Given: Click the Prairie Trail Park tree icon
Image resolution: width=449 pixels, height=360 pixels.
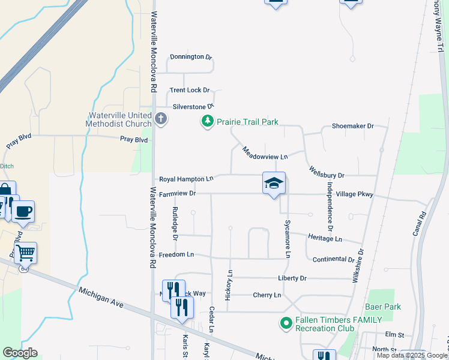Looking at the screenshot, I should (207, 122).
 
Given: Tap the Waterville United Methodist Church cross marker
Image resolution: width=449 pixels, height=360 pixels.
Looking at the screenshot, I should (160, 118).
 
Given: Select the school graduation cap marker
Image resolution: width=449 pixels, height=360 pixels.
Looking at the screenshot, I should (274, 183).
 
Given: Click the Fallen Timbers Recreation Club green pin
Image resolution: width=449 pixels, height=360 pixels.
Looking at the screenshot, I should (286, 324).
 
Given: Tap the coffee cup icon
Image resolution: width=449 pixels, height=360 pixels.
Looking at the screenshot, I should (23, 212).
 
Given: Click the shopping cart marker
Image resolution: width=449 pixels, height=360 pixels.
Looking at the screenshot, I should (26, 253).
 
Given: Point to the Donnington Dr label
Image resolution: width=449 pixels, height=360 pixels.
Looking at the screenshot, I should (191, 57).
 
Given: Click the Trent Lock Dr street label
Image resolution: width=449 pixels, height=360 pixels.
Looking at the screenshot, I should (189, 90).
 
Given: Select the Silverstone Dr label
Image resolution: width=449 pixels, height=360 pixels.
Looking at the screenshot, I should (193, 106).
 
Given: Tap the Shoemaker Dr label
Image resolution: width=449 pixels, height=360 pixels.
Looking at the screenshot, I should (352, 126).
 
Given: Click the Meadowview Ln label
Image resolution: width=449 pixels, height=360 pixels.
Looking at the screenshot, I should (265, 152).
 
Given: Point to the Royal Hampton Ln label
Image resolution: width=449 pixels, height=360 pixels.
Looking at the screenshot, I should (186, 179).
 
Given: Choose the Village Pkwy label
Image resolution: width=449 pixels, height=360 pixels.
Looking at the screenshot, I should (355, 194).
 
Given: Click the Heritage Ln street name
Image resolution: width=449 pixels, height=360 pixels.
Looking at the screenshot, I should (325, 238).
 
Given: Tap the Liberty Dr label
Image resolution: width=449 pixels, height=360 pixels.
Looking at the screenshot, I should (292, 278).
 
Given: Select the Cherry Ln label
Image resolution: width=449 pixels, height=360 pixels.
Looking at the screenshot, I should (267, 295).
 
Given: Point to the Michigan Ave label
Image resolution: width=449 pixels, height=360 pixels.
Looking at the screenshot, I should (101, 298).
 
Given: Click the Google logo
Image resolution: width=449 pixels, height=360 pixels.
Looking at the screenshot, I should (20, 353).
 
